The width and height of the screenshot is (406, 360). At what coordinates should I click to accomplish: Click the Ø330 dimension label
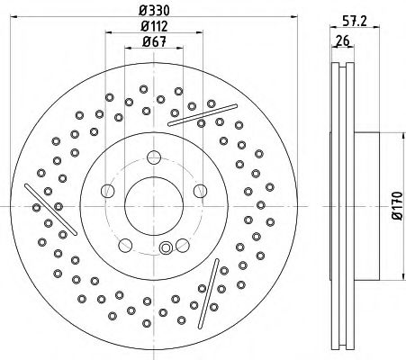(154, 11)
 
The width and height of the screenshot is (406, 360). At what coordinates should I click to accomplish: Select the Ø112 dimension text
(154, 26)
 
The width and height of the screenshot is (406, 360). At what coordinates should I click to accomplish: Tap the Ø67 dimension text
(154, 41)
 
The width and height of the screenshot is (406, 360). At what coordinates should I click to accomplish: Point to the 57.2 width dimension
(355, 21)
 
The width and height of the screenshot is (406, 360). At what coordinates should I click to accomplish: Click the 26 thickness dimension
(342, 40)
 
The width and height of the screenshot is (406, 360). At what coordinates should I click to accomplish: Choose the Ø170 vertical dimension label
(397, 206)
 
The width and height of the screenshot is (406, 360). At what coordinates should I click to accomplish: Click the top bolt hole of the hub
(154, 157)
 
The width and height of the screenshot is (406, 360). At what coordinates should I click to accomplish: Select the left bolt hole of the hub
(108, 191)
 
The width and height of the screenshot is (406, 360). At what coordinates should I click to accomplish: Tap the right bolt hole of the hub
(200, 191)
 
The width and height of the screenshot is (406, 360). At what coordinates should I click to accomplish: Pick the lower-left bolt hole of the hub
(125, 245)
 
